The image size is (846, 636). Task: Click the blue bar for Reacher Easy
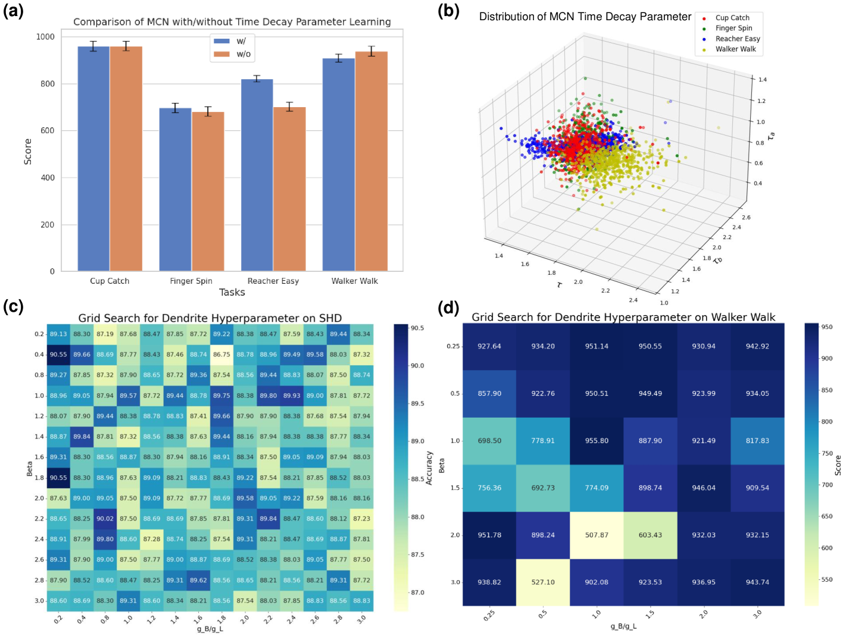point(257,175)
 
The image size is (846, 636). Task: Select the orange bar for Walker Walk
point(372,161)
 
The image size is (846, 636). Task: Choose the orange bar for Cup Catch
point(126,158)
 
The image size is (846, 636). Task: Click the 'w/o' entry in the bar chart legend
point(244,54)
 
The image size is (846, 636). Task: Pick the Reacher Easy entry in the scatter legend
point(738,39)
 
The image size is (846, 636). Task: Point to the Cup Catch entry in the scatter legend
point(732,18)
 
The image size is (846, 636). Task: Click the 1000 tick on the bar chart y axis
point(45,37)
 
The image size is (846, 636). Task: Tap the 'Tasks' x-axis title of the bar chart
point(232,292)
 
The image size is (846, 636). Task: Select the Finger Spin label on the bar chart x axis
point(191,281)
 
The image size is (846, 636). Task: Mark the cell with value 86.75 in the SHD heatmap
point(221,355)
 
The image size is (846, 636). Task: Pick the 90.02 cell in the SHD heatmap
point(105,519)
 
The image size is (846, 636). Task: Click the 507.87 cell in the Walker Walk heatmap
point(597,535)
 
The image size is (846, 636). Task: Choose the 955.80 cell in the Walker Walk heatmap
point(597,441)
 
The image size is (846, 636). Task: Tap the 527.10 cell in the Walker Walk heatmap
point(543,582)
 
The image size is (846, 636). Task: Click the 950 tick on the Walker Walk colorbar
point(827,327)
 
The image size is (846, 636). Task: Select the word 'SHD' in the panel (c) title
point(330,318)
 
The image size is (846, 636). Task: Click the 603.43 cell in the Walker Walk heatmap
point(650,535)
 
